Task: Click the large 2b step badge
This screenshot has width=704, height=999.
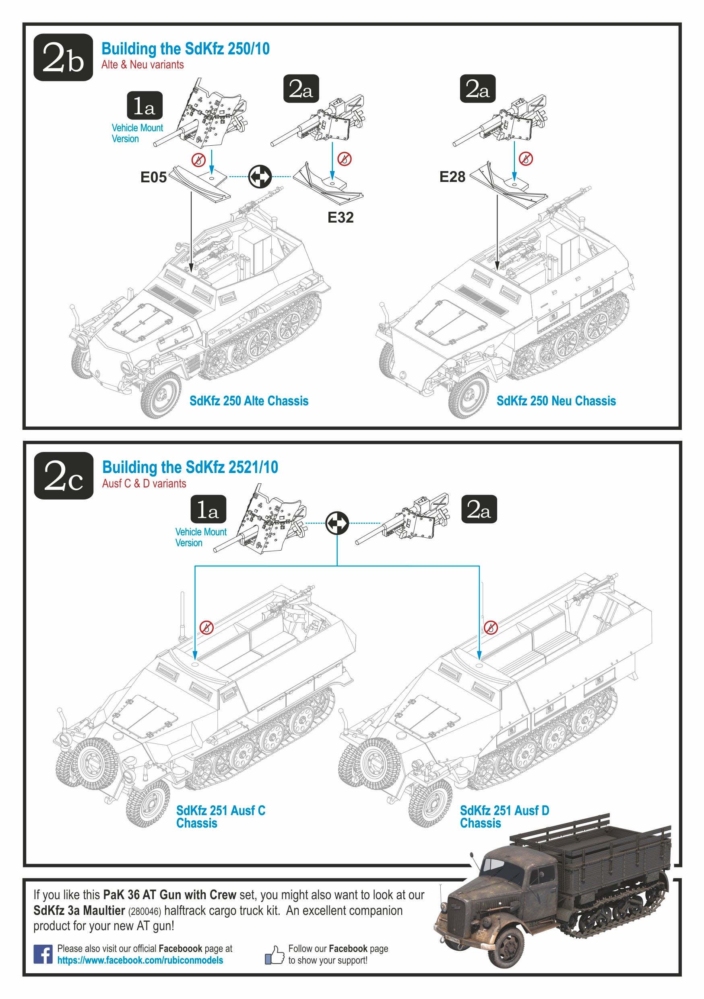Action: [x=63, y=57]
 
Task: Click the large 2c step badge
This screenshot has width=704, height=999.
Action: [x=64, y=476]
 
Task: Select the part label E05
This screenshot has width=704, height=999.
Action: [x=153, y=177]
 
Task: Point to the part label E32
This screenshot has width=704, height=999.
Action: [x=340, y=217]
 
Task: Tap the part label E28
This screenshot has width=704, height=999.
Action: [x=452, y=177]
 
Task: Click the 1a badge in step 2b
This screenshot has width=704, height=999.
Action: [x=145, y=106]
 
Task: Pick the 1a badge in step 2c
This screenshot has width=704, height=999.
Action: [x=209, y=509]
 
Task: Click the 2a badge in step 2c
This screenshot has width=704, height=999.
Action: [x=479, y=509]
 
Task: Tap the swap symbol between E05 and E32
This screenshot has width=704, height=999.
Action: [x=260, y=177]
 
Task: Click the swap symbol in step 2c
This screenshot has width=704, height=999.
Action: [x=337, y=522]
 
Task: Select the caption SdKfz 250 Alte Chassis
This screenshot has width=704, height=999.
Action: [x=249, y=401]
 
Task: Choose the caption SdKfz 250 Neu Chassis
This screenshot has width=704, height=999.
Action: [x=556, y=401]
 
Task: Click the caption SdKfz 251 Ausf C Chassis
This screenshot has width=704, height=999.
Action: [x=221, y=817]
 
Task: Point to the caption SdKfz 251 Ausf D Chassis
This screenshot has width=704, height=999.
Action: [x=504, y=817]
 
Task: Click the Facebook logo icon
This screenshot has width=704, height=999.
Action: [x=43, y=954]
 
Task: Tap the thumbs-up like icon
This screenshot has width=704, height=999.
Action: [x=275, y=955]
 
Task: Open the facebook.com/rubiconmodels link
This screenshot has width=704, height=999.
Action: [x=140, y=960]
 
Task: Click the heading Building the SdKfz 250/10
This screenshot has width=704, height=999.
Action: [x=185, y=49]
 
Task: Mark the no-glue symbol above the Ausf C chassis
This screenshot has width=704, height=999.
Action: [x=206, y=627]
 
